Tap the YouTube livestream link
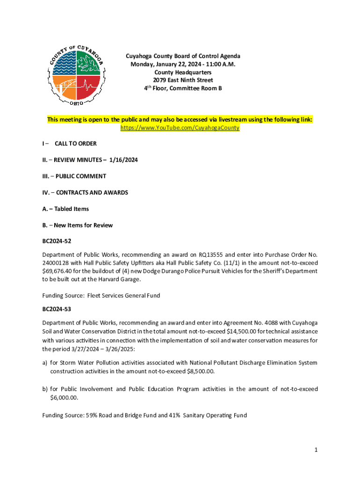point(180,128)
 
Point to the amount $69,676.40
point(59,271)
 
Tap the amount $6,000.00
point(64,398)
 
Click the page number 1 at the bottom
point(316,450)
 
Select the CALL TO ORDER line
point(75,144)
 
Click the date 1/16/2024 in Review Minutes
point(123,160)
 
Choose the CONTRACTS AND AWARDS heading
point(85,193)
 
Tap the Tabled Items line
point(65,209)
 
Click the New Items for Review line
point(77,225)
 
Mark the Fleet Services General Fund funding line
point(101,295)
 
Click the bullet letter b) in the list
point(45,389)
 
